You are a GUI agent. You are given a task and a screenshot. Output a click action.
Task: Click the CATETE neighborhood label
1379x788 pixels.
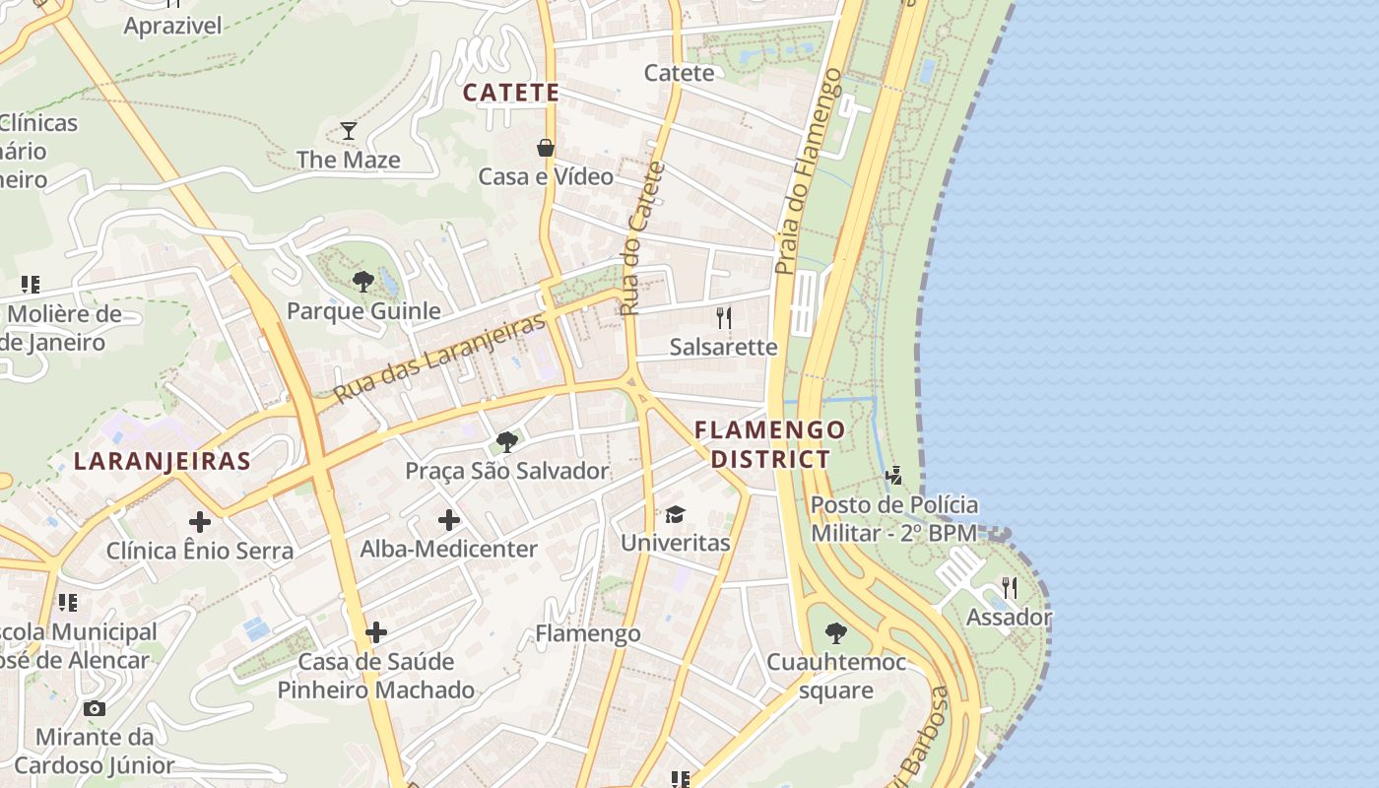click(511, 93)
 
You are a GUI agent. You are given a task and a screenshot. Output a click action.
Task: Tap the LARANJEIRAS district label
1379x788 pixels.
click(162, 461)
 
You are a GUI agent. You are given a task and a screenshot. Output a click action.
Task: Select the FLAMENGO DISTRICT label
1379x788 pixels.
click(770, 444)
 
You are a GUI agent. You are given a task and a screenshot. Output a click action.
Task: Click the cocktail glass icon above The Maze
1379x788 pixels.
click(349, 130)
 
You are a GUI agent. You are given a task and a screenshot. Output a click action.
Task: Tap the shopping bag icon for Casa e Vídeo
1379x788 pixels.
click(545, 148)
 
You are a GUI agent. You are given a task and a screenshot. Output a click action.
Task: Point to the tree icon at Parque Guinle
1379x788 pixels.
click(362, 282)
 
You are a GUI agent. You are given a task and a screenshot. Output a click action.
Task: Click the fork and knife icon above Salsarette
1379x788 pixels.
click(724, 317)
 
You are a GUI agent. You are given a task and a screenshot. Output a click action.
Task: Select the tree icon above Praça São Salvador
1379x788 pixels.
click(507, 441)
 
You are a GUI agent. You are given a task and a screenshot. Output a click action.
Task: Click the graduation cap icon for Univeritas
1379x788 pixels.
click(675, 514)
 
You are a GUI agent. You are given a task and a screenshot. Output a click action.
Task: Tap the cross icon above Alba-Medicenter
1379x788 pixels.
click(449, 519)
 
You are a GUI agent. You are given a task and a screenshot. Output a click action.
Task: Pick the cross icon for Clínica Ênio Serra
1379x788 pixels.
click(200, 521)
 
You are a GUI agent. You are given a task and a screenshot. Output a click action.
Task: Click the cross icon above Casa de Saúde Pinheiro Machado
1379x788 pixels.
click(376, 631)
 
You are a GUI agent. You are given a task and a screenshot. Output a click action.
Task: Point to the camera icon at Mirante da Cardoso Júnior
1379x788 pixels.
click(95, 708)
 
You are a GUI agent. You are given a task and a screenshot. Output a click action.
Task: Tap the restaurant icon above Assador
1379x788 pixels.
click(1009, 588)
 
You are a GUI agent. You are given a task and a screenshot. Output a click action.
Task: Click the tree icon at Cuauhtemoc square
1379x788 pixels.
click(836, 632)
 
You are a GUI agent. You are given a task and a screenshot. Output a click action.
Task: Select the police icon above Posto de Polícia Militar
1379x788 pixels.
click(894, 476)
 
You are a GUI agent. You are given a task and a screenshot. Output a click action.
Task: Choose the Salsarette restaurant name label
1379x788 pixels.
click(723, 347)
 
